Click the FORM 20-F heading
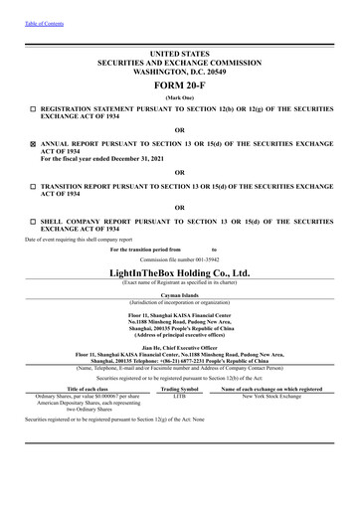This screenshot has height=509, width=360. click(180, 85)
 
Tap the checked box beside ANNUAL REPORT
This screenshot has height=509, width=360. click(33, 143)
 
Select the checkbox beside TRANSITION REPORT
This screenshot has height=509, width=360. click(33, 186)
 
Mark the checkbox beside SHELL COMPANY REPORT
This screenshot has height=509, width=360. click(33, 220)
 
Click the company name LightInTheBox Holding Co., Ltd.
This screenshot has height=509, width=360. click(180, 271)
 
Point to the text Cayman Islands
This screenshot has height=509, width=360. click(180, 295)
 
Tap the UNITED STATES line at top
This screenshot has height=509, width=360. click(180, 51)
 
